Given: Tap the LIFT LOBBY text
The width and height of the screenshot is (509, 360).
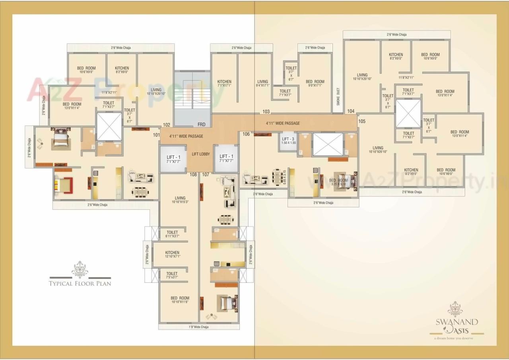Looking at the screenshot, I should pyautogui.click(x=201, y=154).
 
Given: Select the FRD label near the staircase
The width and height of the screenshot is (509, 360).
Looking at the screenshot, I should pyautogui.click(x=202, y=125).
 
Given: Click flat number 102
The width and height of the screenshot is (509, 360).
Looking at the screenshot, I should pyautogui.click(x=167, y=125).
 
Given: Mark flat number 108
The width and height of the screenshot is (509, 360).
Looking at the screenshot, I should pyautogui.click(x=193, y=174).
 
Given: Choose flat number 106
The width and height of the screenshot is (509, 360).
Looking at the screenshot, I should pyautogui.click(x=246, y=134).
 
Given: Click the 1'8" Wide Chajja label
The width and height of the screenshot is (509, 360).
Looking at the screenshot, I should pyautogui.click(x=198, y=327).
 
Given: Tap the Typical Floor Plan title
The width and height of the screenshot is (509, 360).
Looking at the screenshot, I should pyautogui.click(x=80, y=284).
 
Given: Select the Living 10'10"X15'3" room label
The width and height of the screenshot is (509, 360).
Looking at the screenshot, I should pyautogui.click(x=180, y=200).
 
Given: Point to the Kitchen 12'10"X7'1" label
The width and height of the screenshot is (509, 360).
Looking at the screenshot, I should pyautogui.click(x=172, y=255).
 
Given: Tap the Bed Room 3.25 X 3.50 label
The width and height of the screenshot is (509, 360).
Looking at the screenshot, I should pyautogui.click(x=338, y=182).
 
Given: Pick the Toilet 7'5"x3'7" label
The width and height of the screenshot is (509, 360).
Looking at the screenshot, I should pyautogui.click(x=172, y=275).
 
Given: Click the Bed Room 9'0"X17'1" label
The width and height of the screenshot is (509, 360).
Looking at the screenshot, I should pyautogui.click(x=315, y=84).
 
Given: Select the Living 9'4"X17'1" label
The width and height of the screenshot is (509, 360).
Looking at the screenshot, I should pyautogui.click(x=262, y=84).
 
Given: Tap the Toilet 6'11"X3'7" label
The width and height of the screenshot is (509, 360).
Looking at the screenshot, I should pyautogui.click(x=172, y=234).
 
